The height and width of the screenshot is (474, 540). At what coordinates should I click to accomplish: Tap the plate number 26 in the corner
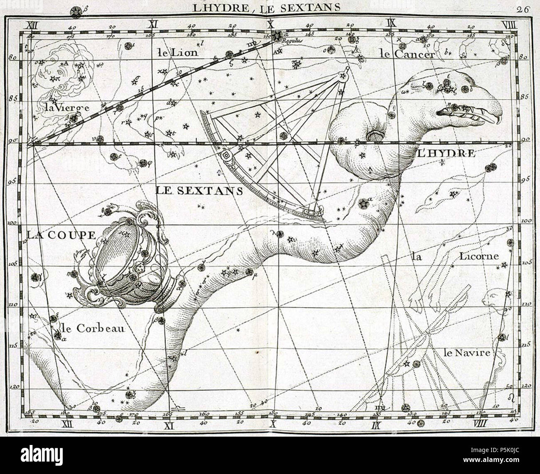pyautogui.click(x=522, y=10)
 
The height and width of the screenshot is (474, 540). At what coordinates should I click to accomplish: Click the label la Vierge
pyautogui.click(x=66, y=108)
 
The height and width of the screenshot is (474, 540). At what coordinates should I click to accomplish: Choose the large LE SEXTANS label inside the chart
pyautogui.click(x=199, y=190)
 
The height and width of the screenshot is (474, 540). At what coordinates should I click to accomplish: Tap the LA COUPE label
pyautogui.click(x=61, y=235)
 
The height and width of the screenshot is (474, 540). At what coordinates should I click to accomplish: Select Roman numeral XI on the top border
pyautogui.click(x=152, y=24)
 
